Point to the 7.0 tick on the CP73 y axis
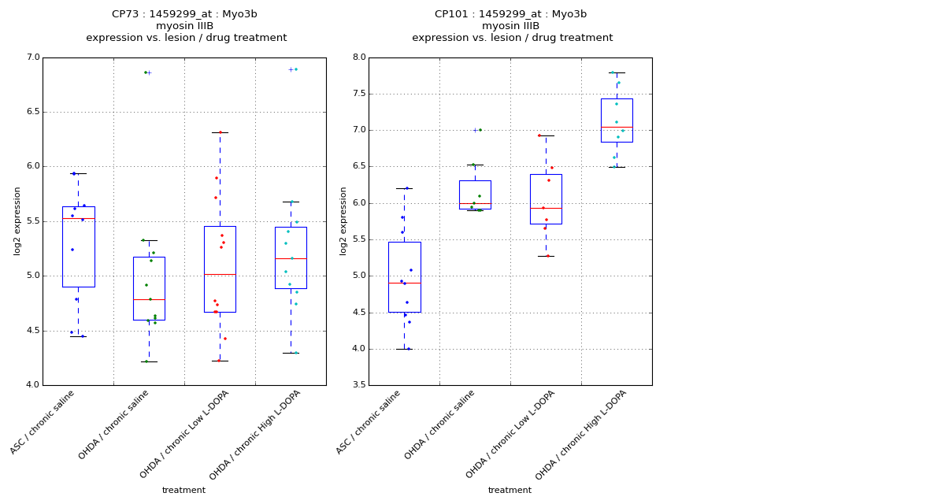pos(32,57)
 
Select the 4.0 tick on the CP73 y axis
pos(32,385)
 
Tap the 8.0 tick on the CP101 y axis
pos(358,57)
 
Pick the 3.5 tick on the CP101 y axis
pos(358,385)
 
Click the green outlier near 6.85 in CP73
pos(146,72)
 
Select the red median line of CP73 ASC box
pos(79,218)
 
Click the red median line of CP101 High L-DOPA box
pos(617,127)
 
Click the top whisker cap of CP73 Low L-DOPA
pos(220,132)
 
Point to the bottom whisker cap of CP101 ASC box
pos(405,349)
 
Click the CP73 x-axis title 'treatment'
pos(183,491)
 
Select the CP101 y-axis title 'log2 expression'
pos(343,221)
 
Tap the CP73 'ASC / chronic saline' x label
pos(44,422)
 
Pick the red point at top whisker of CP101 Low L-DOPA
pos(539,135)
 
